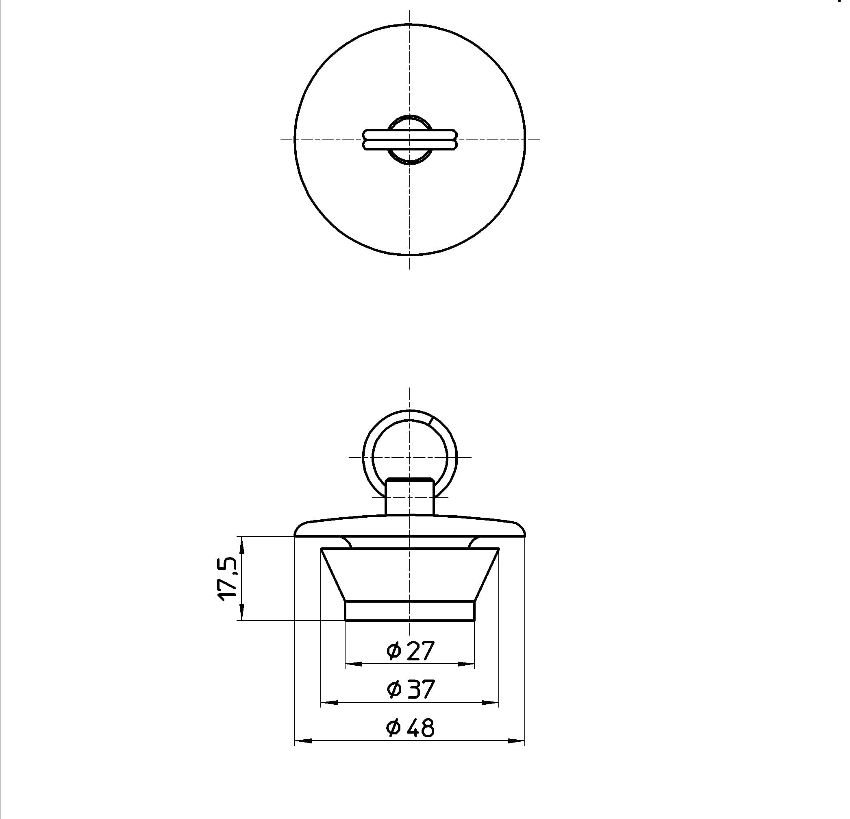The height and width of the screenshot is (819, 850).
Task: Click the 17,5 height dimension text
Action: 227,578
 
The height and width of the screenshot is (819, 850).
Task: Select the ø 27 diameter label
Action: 410,651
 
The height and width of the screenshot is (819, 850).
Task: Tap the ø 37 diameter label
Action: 410,689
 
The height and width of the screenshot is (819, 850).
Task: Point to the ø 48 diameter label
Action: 410,728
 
